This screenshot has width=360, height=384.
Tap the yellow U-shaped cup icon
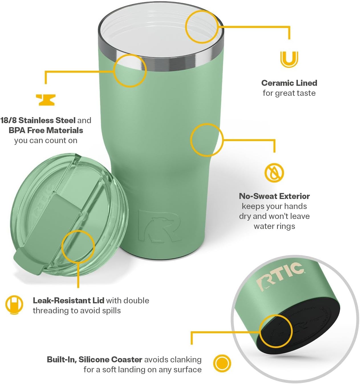point(289,59)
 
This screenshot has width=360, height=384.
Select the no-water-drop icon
point(274,172)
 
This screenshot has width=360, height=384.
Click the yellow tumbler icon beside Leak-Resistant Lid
point(14,305)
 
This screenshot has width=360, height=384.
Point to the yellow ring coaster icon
point(222,363)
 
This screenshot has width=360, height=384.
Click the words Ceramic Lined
point(289,83)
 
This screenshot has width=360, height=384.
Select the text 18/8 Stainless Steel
point(38,120)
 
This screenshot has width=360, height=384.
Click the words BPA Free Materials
point(46,130)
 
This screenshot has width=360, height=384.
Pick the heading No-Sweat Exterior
point(274,196)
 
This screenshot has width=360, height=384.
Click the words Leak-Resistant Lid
point(68,300)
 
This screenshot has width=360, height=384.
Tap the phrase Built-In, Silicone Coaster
point(95,359)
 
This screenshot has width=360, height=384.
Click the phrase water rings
point(274,226)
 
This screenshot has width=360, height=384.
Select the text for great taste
point(289,93)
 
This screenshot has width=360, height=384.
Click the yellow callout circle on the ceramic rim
point(202,27)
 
